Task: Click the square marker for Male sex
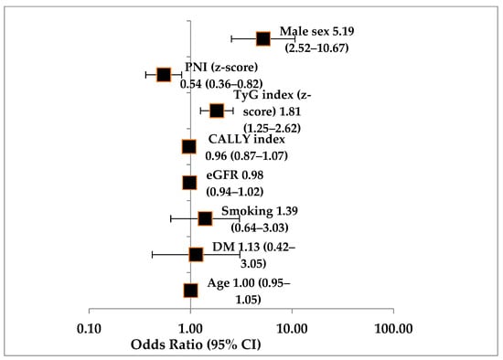coord(263,38)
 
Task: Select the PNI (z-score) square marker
coord(164,75)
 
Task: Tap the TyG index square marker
coord(217,111)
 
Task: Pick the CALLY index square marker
coord(189,147)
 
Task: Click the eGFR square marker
coord(189,183)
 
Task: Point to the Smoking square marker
coord(205,218)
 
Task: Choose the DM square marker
coord(196,255)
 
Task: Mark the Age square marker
coord(190,291)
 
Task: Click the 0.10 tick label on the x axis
coord(89,329)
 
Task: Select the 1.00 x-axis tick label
coord(190,329)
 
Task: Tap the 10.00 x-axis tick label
coord(292,329)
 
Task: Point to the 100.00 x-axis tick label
coord(393,329)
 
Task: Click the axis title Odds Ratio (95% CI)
coord(196,344)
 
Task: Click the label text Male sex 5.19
coord(317,31)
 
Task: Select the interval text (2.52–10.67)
coord(317,48)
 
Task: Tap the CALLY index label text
coord(247,139)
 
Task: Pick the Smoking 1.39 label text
coord(260,211)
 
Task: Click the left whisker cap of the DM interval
coord(152,255)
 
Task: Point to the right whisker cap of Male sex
coord(294,38)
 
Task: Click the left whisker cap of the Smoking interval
coord(171,218)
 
